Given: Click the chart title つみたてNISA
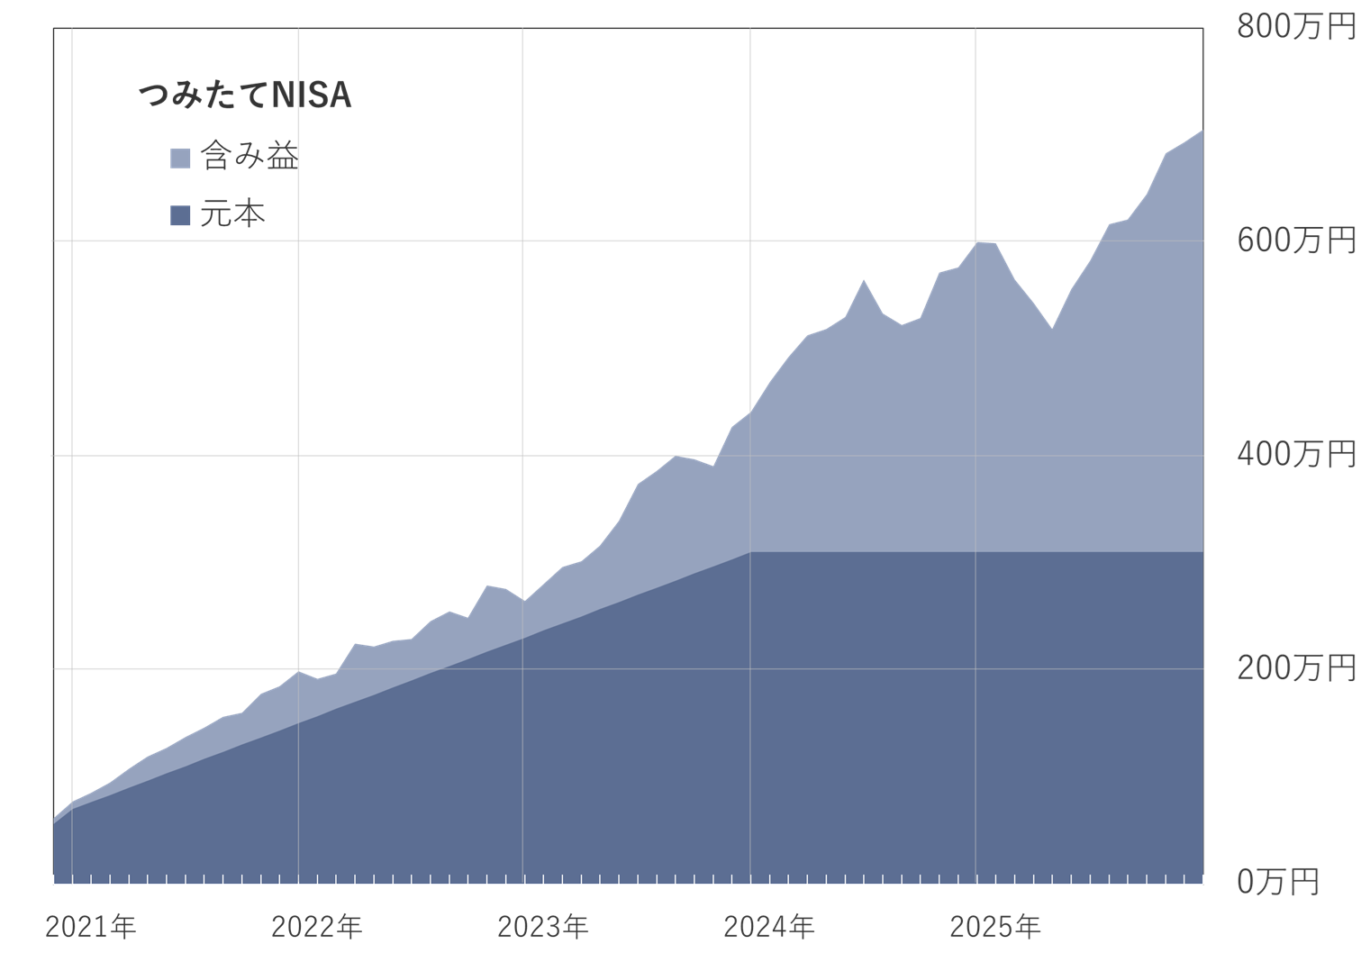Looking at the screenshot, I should point(245,95).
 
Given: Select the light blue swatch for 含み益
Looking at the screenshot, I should point(180,158).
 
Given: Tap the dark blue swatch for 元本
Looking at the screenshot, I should point(180,215).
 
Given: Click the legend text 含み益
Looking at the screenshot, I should point(250,157).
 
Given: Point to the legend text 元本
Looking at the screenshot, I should point(232,214).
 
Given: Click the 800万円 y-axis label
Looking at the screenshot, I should point(1295,27).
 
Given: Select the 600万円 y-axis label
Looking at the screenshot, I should point(1295,241).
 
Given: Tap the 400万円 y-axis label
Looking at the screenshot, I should point(1295,454).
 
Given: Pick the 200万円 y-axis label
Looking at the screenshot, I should point(1295,667).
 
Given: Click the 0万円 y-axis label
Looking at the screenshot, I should point(1277,881).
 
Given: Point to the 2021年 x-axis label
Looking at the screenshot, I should point(90,927).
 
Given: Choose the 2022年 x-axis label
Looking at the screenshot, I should point(316,927).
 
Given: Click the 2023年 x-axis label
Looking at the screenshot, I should point(542,927).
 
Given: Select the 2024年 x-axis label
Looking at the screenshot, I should point(768,927).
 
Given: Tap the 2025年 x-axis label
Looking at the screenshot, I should point(994,927).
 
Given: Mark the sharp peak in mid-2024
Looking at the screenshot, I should point(864,280).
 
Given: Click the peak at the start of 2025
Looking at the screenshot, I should point(977,242).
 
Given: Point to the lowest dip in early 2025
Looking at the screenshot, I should point(1052,329).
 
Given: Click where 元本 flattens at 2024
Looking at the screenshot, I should point(750,552).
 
